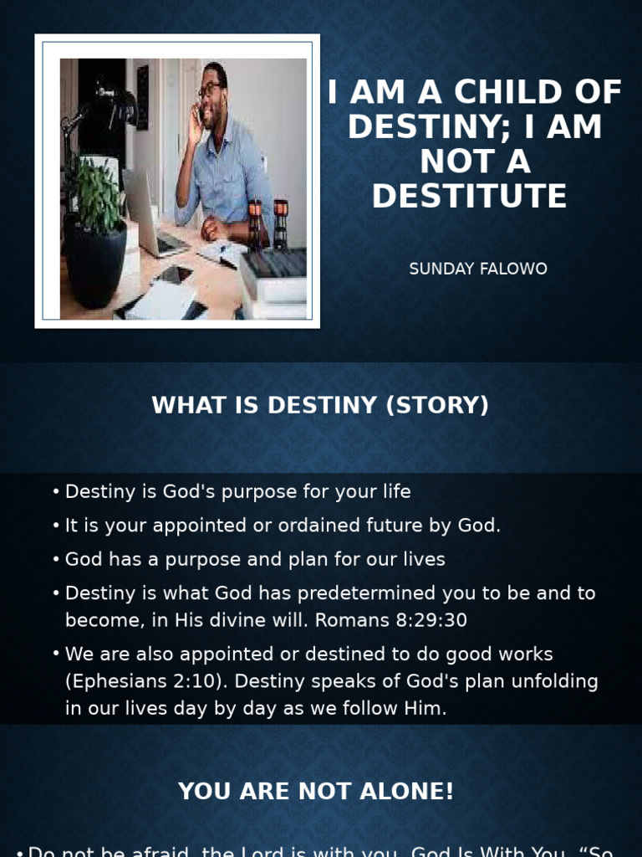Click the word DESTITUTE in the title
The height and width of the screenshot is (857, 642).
point(469,197)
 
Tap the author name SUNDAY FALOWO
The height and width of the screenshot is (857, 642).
point(478,269)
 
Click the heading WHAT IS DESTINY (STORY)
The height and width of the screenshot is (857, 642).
point(320,405)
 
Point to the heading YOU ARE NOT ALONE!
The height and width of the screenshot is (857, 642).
point(316,792)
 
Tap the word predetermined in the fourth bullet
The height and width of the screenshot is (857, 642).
point(362,593)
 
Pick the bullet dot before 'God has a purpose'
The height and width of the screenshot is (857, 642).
point(56,559)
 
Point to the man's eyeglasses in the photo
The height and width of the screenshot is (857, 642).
point(209,90)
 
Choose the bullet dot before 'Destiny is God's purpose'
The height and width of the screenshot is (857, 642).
point(56,491)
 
